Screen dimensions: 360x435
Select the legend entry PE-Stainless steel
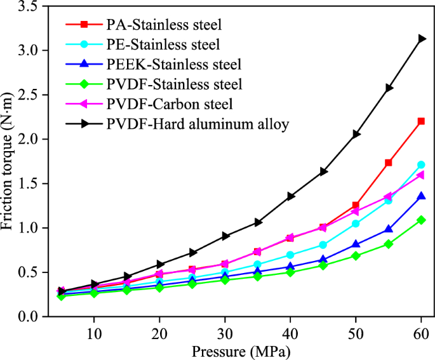click(x=163, y=45)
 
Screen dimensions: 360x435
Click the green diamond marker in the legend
click(x=84, y=84)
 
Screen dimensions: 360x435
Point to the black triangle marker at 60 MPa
click(x=420, y=39)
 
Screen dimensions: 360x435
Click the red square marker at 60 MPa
click(x=420, y=121)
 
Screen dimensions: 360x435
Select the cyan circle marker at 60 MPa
click(x=420, y=165)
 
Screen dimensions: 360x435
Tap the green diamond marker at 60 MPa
click(x=420, y=220)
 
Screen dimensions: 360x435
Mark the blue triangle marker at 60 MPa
click(x=420, y=196)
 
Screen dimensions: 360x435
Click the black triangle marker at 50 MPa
click(x=356, y=134)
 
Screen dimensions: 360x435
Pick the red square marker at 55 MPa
click(x=388, y=163)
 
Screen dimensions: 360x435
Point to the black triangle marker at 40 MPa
click(x=290, y=196)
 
